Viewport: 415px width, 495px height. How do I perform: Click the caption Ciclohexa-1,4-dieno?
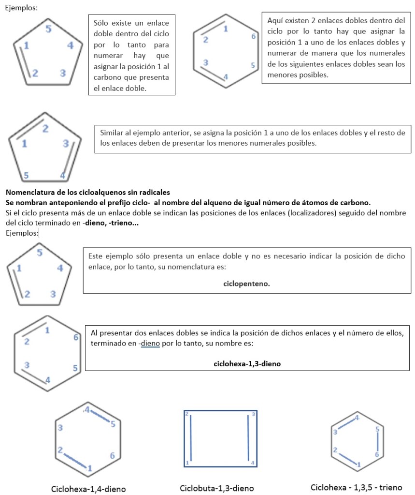pyautogui.click(x=88, y=489)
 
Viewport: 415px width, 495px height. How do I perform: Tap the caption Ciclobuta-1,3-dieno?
pyautogui.click(x=216, y=488)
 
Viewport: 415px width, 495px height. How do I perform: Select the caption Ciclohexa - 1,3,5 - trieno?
pyautogui.click(x=356, y=487)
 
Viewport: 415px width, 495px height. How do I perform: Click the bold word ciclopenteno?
pyautogui.click(x=246, y=284)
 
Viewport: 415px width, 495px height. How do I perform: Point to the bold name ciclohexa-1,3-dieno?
pyautogui.click(x=247, y=363)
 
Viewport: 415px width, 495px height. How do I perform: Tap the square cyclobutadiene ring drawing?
pyautogui.click(x=220, y=438)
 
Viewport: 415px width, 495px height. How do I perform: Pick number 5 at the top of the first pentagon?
pyautogui.click(x=49, y=29)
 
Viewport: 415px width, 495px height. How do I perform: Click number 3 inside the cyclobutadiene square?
pyautogui.click(x=253, y=414)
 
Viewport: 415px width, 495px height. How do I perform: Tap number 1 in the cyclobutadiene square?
pyautogui.click(x=187, y=463)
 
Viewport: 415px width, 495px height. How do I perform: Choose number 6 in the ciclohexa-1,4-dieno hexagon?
pyautogui.click(x=112, y=455)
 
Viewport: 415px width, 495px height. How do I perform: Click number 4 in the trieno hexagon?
pyautogui.click(x=357, y=417)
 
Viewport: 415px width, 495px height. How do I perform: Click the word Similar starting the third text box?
pyautogui.click(x=112, y=133)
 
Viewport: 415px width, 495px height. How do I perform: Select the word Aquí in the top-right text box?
pyautogui.click(x=275, y=21)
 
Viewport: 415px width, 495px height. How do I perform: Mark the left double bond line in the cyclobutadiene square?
pyautogui.click(x=192, y=438)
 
